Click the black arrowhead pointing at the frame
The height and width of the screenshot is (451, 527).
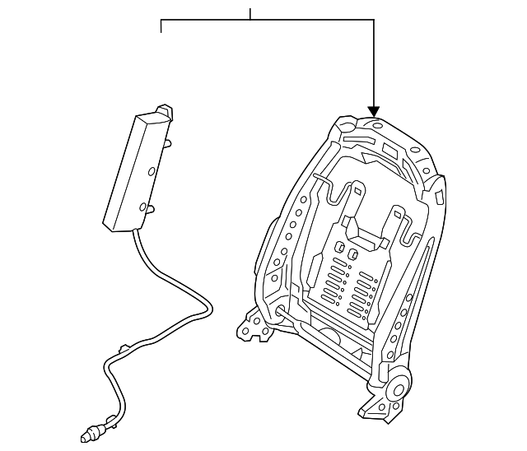(374, 110)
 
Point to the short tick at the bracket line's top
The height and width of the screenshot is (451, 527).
(250, 13)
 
